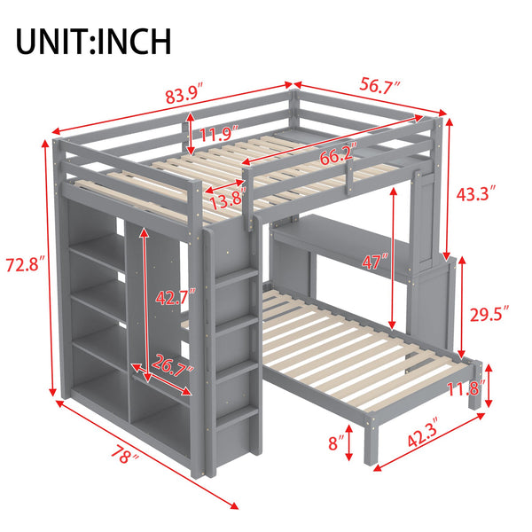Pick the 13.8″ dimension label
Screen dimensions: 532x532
[x=226, y=198]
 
